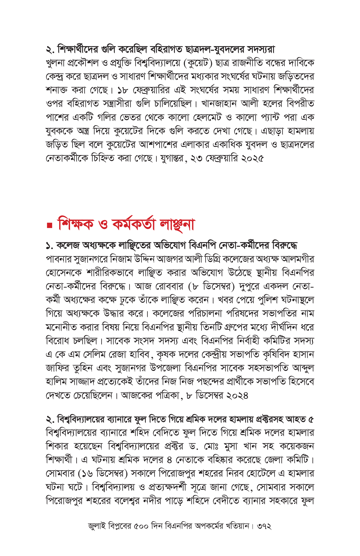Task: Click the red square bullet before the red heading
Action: pos(49,225)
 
